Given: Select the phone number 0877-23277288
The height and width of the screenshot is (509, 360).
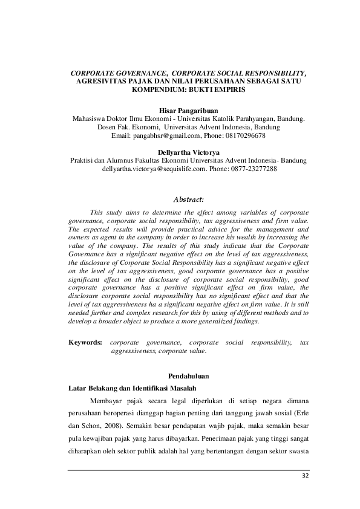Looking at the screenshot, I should click(x=253, y=169).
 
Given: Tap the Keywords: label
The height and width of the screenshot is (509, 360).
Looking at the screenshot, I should click(x=86, y=342).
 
